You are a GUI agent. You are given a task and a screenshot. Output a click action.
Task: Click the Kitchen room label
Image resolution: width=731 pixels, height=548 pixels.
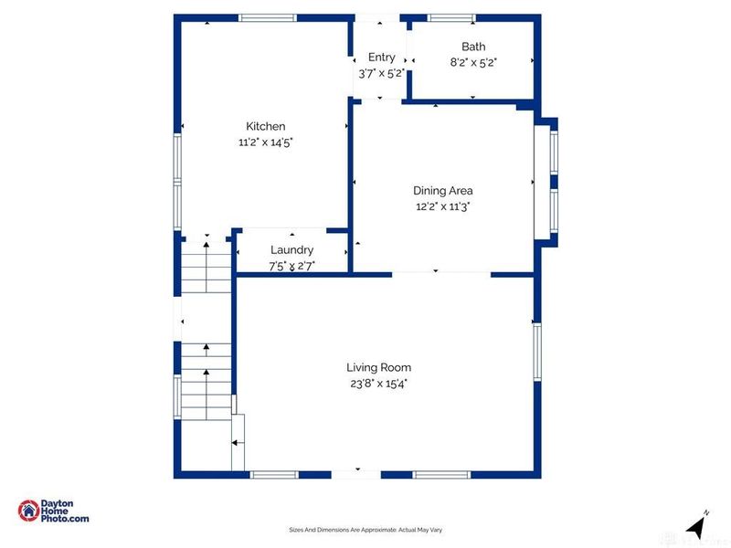point(265,126)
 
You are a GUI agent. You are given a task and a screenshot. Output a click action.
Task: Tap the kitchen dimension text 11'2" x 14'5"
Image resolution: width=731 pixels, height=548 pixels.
point(265,142)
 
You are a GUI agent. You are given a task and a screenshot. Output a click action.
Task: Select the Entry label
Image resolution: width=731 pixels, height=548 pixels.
point(381,58)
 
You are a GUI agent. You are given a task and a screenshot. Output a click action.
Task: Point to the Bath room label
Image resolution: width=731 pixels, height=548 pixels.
point(472,47)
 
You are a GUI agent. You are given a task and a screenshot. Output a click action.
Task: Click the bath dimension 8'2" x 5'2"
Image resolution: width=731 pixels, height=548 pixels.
point(472,62)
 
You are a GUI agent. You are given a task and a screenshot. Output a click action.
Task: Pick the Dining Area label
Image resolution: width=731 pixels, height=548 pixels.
point(442,191)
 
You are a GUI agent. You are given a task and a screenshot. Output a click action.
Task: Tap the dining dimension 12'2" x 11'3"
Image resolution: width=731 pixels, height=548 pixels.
point(442,206)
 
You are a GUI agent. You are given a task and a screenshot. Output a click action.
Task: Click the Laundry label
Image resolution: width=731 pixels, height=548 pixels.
point(291,249)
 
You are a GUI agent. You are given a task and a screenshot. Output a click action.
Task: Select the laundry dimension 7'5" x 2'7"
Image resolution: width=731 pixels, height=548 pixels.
point(291,266)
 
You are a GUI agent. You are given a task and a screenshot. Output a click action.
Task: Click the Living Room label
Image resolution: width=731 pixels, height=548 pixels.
point(378,367)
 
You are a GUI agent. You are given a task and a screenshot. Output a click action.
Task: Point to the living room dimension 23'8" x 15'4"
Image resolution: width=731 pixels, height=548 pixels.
point(378,383)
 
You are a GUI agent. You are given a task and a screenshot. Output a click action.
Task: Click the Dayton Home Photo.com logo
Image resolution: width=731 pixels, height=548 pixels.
point(54,511)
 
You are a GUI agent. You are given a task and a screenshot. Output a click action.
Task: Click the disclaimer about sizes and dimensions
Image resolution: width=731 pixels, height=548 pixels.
point(365,530)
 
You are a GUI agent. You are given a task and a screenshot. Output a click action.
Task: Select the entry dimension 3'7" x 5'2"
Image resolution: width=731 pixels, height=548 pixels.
point(381,73)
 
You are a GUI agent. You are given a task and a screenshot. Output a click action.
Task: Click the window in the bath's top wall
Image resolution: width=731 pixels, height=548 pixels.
point(451,17)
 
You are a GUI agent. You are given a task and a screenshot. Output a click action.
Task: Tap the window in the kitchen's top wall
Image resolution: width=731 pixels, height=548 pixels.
point(267,17)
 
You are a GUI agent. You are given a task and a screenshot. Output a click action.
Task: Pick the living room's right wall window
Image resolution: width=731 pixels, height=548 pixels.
point(537,353)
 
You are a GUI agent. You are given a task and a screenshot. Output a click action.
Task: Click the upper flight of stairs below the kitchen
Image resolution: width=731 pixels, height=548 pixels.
point(206,265)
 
